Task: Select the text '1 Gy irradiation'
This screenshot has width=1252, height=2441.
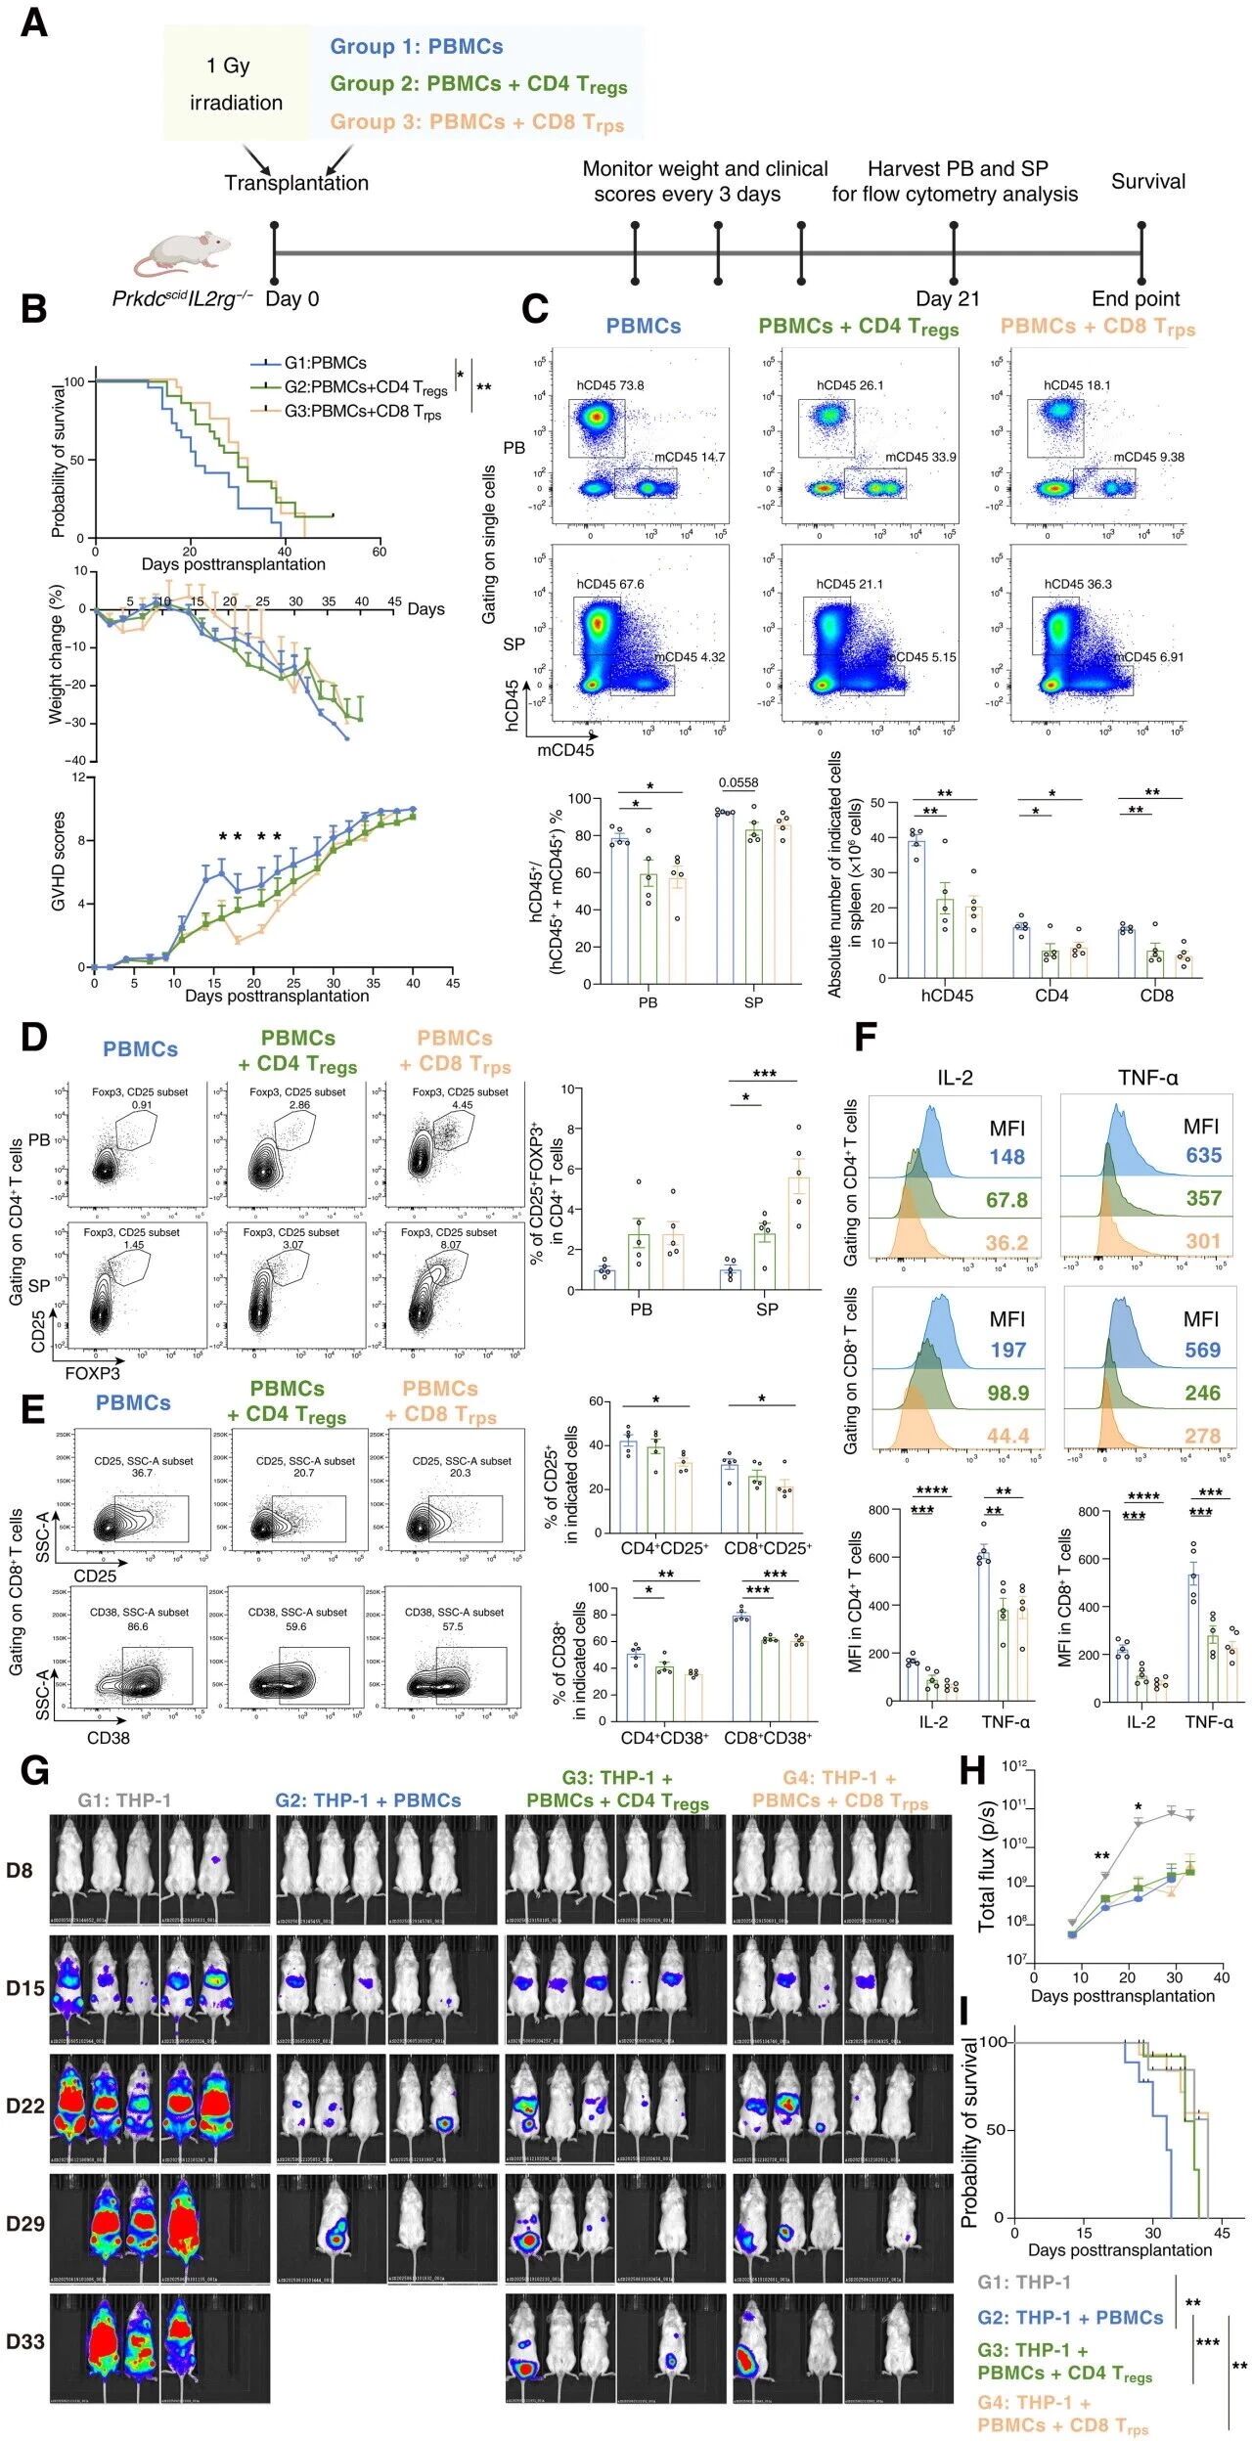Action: pyautogui.click(x=236, y=84)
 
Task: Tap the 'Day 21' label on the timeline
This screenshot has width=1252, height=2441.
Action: pyautogui.click(x=947, y=299)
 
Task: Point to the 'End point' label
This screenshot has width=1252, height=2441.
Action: pyautogui.click(x=1136, y=299)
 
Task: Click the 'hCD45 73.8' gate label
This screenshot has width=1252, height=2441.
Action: pyautogui.click(x=608, y=385)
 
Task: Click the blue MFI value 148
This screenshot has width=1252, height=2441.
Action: pyautogui.click(x=1006, y=1157)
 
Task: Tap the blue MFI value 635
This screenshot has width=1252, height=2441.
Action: pyautogui.click(x=1203, y=1155)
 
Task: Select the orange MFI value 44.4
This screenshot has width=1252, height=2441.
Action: pyautogui.click(x=1006, y=1436)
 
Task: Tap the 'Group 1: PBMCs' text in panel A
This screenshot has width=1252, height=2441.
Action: pyautogui.click(x=416, y=46)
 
